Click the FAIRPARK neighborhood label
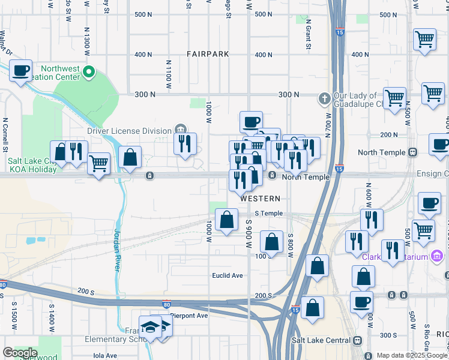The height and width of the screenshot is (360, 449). point(208,54)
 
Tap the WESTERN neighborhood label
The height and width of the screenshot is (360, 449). point(261,199)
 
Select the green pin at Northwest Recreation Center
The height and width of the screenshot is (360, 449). point(89,73)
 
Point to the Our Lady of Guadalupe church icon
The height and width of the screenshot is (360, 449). point(324,98)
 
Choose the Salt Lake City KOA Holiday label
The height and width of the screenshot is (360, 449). point(32,165)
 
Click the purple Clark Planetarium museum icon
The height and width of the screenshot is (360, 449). point(437,256)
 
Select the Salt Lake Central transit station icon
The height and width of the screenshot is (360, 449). point(358,340)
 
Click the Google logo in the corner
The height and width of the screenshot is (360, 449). point(20,353)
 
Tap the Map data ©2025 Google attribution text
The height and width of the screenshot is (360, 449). point(412,355)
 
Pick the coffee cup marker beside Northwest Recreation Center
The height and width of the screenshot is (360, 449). point(20,71)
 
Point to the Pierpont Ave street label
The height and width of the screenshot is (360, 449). point(188,315)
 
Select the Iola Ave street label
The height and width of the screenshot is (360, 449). point(106,355)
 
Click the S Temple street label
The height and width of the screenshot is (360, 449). point(268,214)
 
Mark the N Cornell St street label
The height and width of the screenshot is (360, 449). point(4,134)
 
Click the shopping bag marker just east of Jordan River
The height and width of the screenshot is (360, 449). point(130,158)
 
